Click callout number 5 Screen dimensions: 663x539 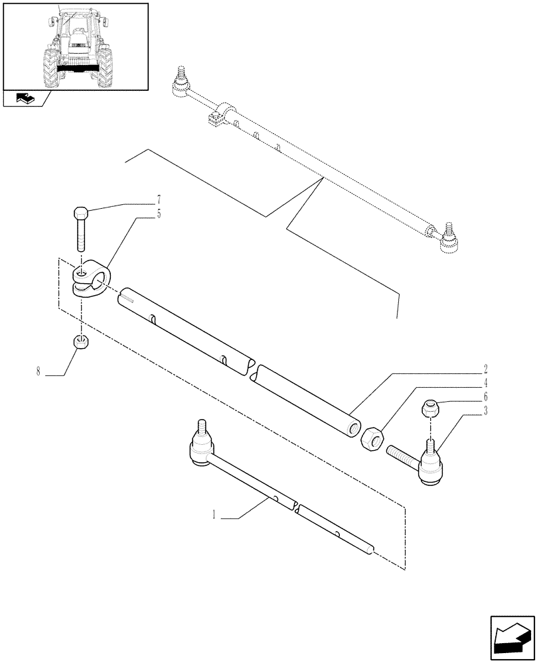point(159,213)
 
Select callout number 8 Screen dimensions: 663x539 point(38,371)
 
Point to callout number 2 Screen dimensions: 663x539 point(486,369)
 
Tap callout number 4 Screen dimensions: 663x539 point(486,383)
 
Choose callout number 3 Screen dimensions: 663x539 point(486,413)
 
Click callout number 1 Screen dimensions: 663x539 point(214,514)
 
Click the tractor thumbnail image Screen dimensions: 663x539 point(76,46)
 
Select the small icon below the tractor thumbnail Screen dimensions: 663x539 point(25,99)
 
